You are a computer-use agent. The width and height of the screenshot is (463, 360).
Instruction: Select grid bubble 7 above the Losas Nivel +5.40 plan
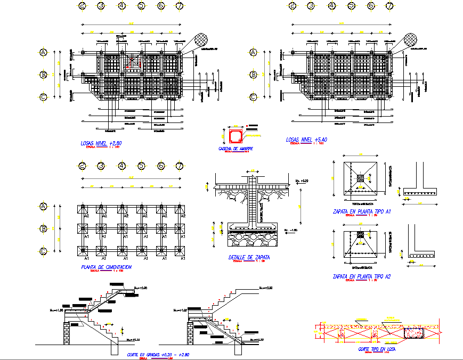point(390,6)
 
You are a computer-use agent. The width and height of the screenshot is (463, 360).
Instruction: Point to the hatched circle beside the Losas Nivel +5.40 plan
point(411,40)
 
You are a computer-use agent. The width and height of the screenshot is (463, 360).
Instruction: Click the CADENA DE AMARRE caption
point(235,149)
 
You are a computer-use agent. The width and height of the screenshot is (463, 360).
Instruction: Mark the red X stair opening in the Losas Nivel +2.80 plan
point(134,63)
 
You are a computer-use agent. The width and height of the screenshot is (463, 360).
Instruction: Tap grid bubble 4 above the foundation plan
point(122,167)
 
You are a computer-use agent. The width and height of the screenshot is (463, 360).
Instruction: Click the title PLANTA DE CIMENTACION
point(106,267)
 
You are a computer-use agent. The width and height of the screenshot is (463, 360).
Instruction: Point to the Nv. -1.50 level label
point(289,230)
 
